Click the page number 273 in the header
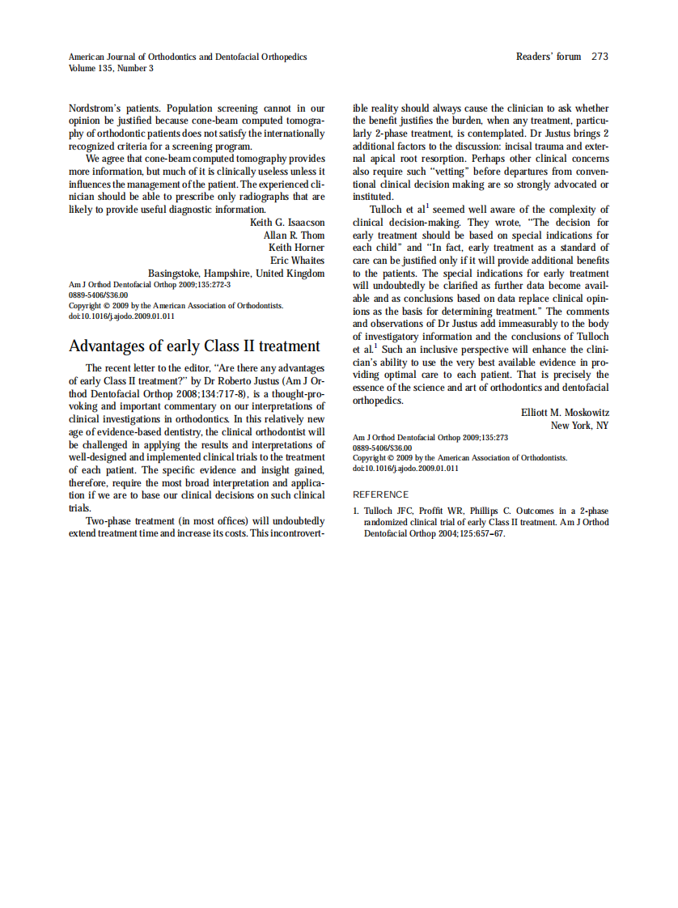[x=600, y=57]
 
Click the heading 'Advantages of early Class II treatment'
[x=194, y=346]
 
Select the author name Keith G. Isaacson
[x=287, y=222]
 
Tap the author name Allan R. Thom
[x=295, y=235]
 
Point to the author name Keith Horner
[x=297, y=248]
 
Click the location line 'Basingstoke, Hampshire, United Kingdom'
[x=236, y=274]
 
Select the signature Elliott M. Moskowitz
[x=565, y=413]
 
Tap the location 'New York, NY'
[x=580, y=426]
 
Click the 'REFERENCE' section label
[x=381, y=494]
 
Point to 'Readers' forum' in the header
[x=549, y=57]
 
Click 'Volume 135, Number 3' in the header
[x=111, y=68]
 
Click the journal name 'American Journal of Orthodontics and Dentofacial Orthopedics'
[x=188, y=57]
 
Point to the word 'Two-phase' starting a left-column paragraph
[x=108, y=521]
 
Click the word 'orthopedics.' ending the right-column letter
[x=378, y=400]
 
